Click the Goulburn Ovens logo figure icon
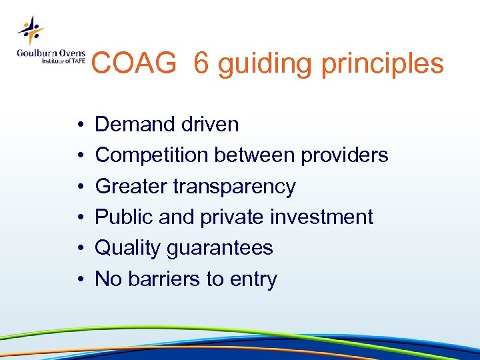[31, 29]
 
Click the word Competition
[153, 155]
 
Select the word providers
[344, 155]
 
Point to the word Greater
[131, 187]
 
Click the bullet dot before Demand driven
[79, 125]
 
